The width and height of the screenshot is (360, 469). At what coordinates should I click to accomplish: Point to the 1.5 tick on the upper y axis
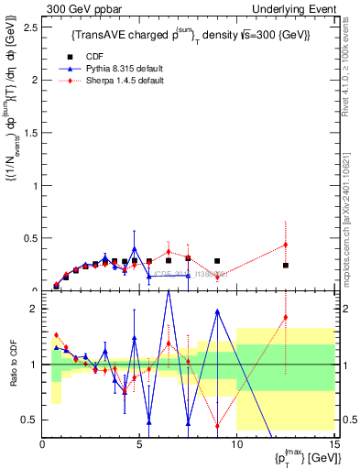click(x=30, y=132)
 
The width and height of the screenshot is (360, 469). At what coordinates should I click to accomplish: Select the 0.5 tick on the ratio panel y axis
click(x=30, y=420)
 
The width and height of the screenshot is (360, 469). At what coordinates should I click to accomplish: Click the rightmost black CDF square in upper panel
click(x=286, y=266)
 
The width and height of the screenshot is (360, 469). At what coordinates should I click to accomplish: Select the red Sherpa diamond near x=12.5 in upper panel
click(x=286, y=245)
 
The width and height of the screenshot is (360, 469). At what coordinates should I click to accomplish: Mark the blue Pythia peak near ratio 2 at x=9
click(x=217, y=311)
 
